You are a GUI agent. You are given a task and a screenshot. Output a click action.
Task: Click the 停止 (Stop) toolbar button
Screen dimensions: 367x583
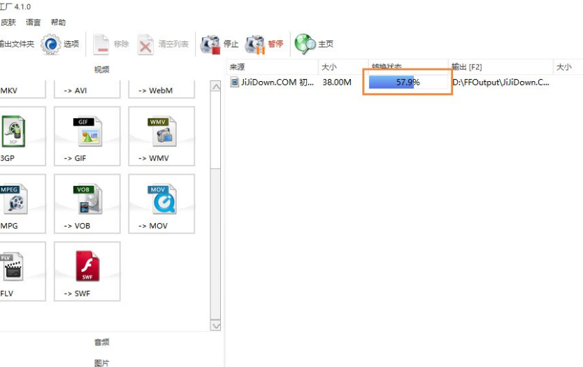pyautogui.click(x=219, y=44)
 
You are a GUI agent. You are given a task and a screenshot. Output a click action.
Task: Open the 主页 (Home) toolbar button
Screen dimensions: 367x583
pyautogui.click(x=314, y=44)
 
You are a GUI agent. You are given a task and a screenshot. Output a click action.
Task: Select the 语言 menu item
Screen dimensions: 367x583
pyautogui.click(x=34, y=22)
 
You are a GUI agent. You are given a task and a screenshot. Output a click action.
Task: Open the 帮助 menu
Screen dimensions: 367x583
pyautogui.click(x=58, y=22)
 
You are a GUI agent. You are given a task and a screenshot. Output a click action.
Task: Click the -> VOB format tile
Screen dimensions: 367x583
pyautogui.click(x=87, y=203)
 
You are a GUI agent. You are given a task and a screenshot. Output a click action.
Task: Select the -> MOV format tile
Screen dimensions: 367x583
pyautogui.click(x=161, y=203)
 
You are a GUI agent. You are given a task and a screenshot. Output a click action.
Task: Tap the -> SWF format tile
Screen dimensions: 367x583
pyautogui.click(x=87, y=271)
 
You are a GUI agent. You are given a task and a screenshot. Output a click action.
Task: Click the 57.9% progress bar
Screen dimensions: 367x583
pyautogui.click(x=408, y=82)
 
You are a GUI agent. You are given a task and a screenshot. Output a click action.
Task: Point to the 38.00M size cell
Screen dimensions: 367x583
pyautogui.click(x=337, y=82)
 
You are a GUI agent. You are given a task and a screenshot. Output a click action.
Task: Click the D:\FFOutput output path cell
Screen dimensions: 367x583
pyautogui.click(x=501, y=82)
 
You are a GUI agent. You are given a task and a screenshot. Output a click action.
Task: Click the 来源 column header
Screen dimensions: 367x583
pyautogui.click(x=237, y=67)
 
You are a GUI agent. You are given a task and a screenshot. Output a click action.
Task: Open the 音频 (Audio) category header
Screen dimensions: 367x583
pyautogui.click(x=102, y=342)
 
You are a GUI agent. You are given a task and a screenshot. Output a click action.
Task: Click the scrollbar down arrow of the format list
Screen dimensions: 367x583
pyautogui.click(x=215, y=326)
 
